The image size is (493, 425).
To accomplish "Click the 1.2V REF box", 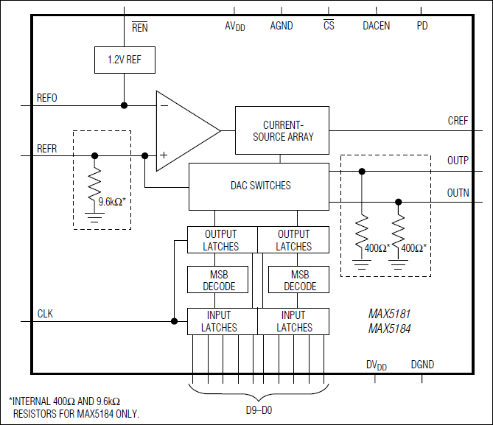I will pyautogui.click(x=125, y=60).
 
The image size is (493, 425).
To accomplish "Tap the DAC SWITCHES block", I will pyautogui.click(x=258, y=186).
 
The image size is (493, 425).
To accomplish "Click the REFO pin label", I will pyautogui.click(x=47, y=98).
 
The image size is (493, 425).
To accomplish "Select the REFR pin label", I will pyautogui.click(x=47, y=148).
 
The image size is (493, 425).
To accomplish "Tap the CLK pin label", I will pyautogui.click(x=45, y=314).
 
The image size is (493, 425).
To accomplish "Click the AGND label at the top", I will pyautogui.click(x=281, y=26).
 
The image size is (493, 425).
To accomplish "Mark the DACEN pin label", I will pyautogui.click(x=376, y=26).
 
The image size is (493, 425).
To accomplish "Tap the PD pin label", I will pyautogui.click(x=422, y=26).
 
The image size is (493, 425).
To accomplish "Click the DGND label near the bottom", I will pyautogui.click(x=422, y=364).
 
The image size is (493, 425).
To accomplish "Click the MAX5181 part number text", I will pyautogui.click(x=390, y=314).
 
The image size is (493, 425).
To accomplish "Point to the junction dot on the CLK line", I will pyautogui.click(x=174, y=320).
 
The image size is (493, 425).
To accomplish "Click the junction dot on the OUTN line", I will pyautogui.click(x=399, y=201).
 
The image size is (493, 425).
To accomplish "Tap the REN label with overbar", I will pyautogui.click(x=139, y=27).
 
